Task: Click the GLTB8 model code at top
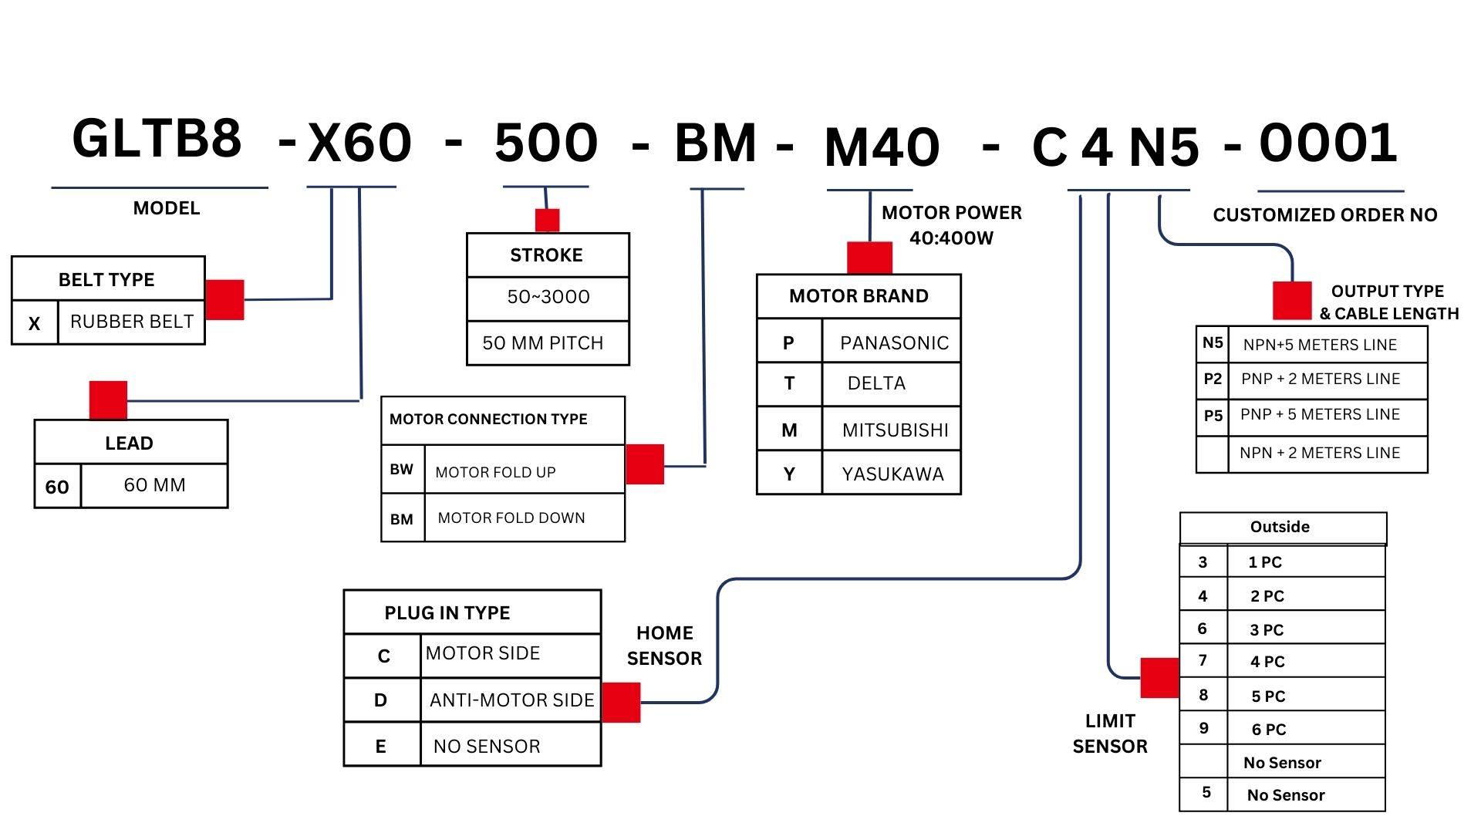coord(157,140)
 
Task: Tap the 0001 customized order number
coord(1328,143)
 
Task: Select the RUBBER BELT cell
coord(132,322)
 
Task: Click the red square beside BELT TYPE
coord(225,299)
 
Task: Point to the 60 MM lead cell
coord(154,485)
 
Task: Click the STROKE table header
coord(546,255)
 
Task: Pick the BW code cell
coord(402,469)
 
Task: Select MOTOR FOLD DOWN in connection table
coord(511,518)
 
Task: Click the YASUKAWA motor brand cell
coord(892,474)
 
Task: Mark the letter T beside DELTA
coord(789,383)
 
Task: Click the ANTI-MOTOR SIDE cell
coord(511,700)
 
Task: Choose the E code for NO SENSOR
coord(381,747)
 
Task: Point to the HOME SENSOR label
coord(664,646)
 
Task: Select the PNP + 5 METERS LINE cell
coord(1320,415)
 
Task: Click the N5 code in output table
coord(1213,343)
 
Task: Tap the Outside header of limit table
coord(1280,528)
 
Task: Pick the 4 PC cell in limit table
coord(1267,662)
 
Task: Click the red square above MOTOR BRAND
coord(869,258)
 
